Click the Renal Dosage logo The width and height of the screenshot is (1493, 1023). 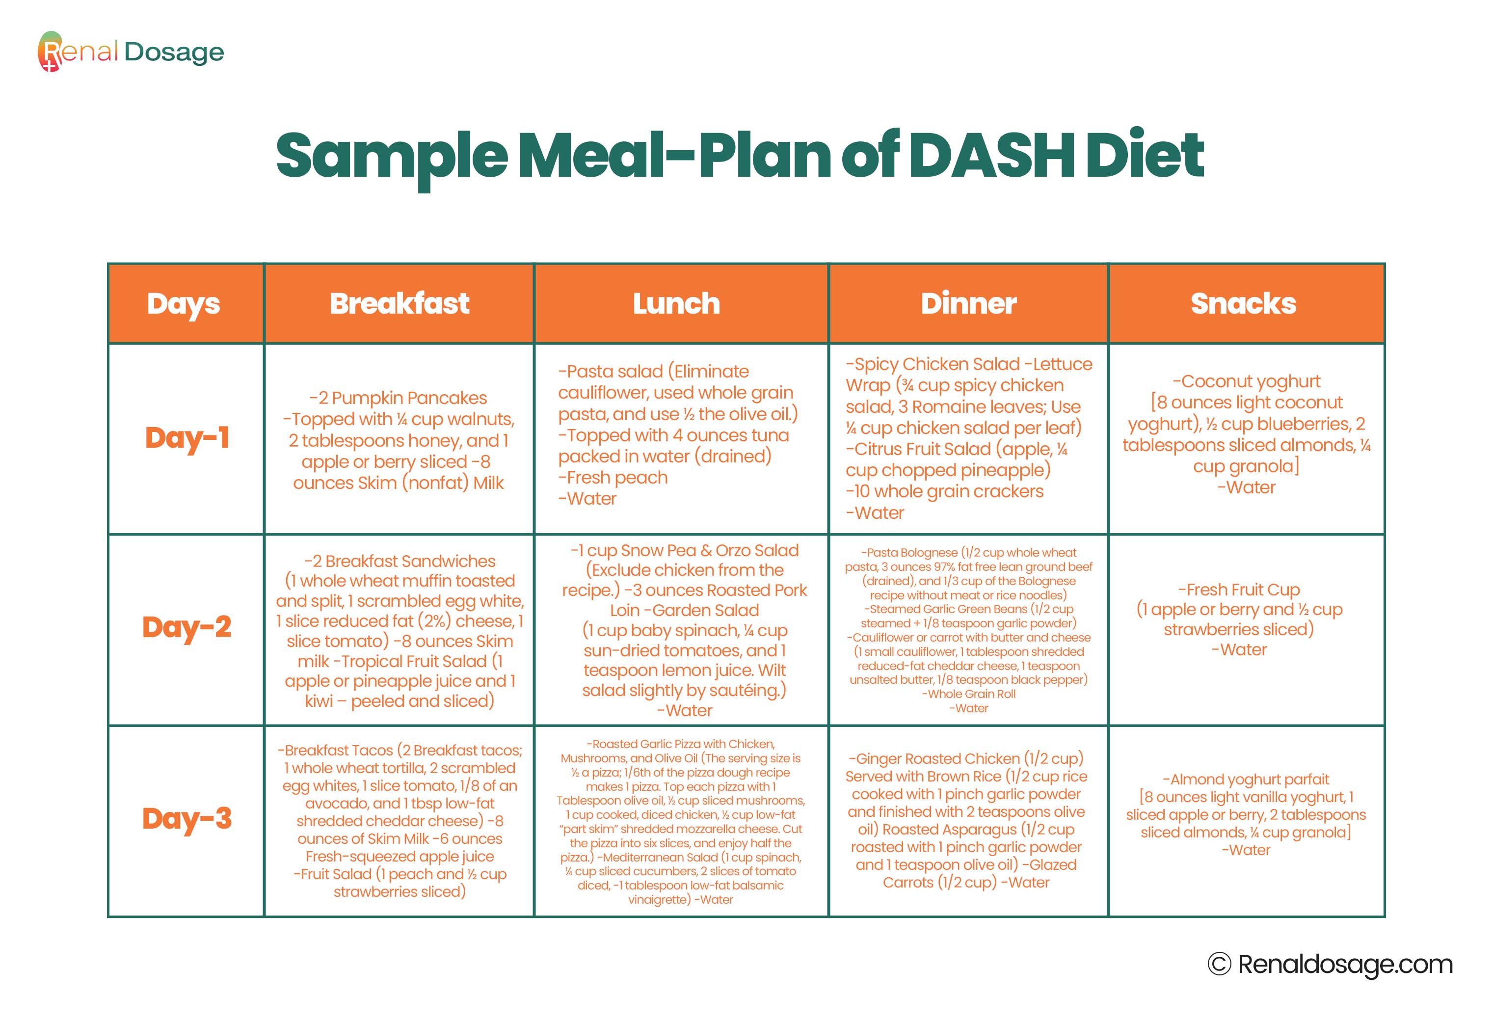pyautogui.click(x=131, y=52)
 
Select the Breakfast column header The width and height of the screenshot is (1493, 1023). pyautogui.click(x=399, y=303)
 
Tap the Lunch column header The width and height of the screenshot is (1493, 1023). pyautogui.click(x=676, y=303)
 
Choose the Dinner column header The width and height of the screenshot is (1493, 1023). pyautogui.click(x=968, y=303)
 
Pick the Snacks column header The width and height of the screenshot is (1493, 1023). pyautogui.click(x=1243, y=303)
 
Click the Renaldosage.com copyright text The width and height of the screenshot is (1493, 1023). pyautogui.click(x=1330, y=965)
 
